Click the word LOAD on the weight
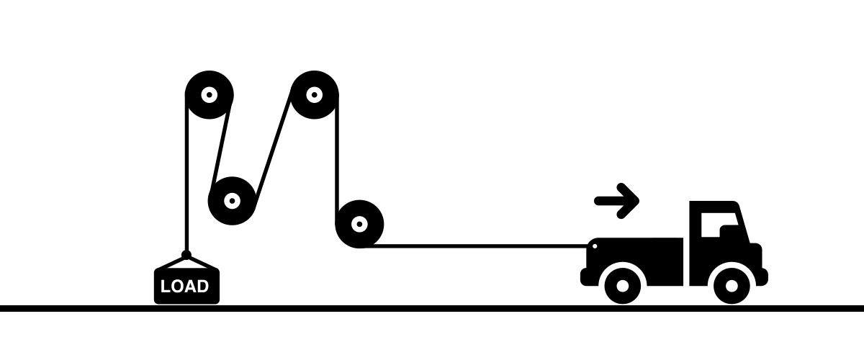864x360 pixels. (185, 287)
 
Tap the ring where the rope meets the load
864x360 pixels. (186, 255)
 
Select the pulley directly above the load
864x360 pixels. (210, 94)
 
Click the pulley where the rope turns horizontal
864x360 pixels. (359, 224)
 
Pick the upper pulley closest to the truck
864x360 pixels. (314, 94)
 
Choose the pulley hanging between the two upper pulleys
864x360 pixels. (232, 201)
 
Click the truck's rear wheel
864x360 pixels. (623, 286)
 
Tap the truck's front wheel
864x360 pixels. (731, 286)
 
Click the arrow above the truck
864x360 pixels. (618, 201)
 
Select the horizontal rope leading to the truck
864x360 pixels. (475, 246)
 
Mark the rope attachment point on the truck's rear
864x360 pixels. (594, 247)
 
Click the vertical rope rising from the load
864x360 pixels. (187, 180)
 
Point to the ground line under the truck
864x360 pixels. (677, 308)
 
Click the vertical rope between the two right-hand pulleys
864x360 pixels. (336, 158)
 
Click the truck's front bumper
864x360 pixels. (763, 276)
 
